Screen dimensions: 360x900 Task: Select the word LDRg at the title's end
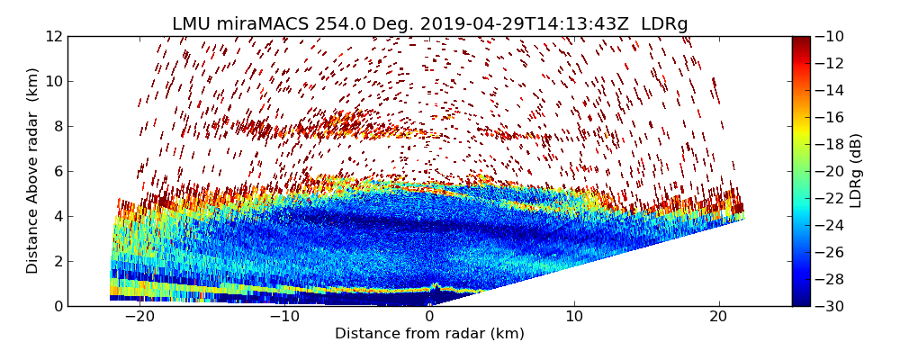point(664,24)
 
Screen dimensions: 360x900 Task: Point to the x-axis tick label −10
point(284,317)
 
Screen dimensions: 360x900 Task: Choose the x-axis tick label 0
point(429,317)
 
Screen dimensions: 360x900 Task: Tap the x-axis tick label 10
point(574,317)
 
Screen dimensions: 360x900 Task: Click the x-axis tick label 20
point(718,317)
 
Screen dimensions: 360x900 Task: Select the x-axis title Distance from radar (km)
point(429,334)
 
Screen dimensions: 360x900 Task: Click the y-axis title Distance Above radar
point(33,171)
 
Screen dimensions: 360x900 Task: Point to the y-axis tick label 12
point(54,37)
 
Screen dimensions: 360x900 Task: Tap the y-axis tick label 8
point(58,127)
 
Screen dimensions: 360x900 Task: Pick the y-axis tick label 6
point(58,172)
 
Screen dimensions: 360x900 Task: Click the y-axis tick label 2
point(58,262)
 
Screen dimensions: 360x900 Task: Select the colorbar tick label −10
point(829,37)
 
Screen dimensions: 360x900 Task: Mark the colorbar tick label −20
point(829,172)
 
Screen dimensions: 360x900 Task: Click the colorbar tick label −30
point(829,306)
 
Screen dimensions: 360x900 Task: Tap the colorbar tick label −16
point(829,118)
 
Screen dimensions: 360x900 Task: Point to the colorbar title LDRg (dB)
point(856,171)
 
